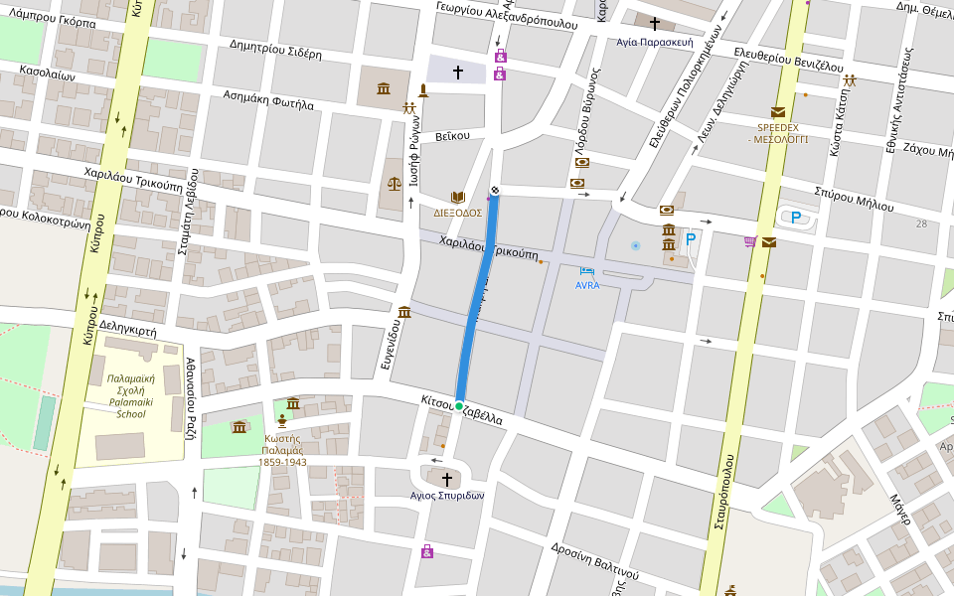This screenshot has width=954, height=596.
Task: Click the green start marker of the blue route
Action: (459, 405)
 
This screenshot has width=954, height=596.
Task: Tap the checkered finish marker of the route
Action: (495, 191)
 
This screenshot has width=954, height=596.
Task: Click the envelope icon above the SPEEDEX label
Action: (777, 112)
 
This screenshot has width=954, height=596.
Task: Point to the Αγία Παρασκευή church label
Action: (654, 42)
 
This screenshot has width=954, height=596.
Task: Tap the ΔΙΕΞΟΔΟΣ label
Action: (457, 213)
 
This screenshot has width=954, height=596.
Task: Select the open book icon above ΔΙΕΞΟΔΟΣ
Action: (457, 197)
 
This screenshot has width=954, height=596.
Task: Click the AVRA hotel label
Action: (587, 285)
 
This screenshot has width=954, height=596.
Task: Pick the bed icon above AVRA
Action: (587, 271)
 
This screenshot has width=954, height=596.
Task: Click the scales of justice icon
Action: (395, 184)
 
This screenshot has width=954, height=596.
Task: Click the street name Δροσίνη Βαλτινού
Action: (593, 560)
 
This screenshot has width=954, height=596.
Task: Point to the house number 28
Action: (921, 223)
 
